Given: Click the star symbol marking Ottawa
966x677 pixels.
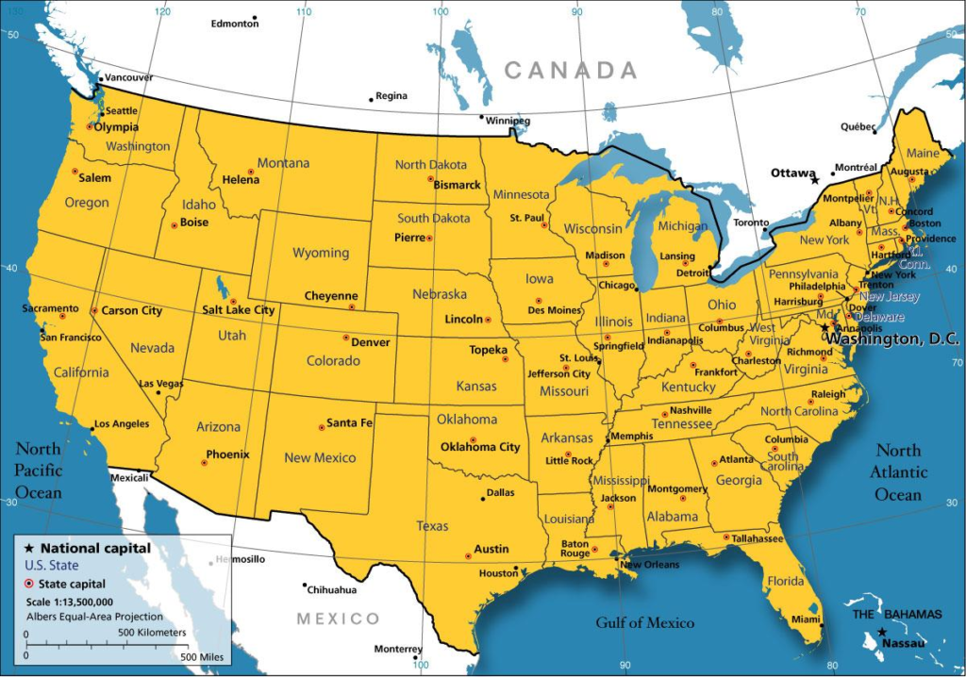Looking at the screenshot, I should pos(815,179).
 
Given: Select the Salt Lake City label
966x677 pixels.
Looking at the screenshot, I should pos(239,309).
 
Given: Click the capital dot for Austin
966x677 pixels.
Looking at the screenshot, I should pos(469,556).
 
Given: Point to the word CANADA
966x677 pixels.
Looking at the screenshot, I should pos(570,70).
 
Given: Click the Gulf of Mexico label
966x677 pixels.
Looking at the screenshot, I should pos(644,622).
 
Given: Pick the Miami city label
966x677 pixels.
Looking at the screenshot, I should pos(806,619).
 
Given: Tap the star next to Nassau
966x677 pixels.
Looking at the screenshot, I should pos(882,632).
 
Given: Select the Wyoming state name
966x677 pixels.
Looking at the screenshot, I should pos(321,253).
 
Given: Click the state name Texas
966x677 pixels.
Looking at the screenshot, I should pos(433,526).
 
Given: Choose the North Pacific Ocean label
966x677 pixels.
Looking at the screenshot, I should pos(38,471).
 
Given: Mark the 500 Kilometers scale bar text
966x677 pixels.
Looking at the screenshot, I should pos(152,633).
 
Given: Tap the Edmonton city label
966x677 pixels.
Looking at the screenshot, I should pos(235,24).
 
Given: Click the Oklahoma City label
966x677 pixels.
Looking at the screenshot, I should pos(480,447).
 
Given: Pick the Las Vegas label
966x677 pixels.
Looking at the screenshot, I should pos(161,384).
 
